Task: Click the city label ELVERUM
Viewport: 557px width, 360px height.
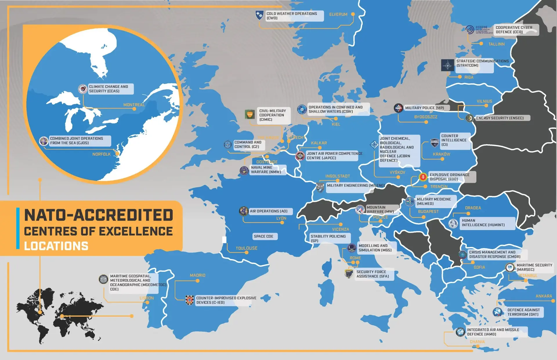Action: (338, 14)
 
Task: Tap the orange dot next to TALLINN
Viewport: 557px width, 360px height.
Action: (481, 44)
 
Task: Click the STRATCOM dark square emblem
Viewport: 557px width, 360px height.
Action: (447, 65)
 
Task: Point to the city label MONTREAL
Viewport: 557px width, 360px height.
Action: (134, 105)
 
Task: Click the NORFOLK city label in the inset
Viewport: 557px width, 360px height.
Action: (101, 154)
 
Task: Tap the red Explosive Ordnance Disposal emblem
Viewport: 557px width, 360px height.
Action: (423, 177)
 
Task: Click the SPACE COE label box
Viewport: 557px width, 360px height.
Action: (263, 236)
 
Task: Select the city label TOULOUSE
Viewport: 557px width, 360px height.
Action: (246, 248)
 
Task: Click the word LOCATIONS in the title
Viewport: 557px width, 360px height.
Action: (56, 246)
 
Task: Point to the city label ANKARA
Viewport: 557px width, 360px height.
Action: (544, 296)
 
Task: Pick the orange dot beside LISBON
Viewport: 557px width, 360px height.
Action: (147, 303)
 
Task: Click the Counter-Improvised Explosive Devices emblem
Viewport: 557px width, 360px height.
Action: (189, 300)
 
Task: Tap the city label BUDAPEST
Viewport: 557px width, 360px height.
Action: (428, 212)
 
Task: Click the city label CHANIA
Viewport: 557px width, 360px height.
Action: (477, 342)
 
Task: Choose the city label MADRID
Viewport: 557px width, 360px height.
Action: (197, 275)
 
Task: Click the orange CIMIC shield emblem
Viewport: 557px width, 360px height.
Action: (250, 114)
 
